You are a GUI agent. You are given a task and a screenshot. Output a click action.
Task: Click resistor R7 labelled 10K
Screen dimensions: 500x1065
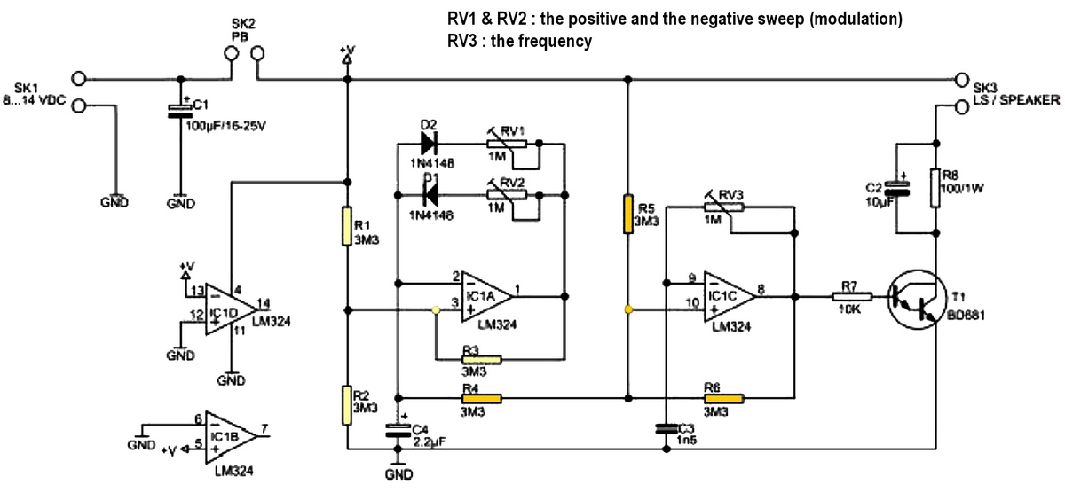(x=850, y=296)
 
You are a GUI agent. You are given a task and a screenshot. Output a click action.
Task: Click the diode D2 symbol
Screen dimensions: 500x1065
(x=430, y=144)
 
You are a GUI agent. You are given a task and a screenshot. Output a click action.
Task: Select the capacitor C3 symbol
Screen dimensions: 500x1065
(x=666, y=429)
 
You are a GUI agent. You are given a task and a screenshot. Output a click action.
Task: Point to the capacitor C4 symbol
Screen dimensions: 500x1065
(x=398, y=432)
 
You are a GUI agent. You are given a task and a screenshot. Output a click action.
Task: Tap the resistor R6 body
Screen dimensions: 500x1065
(x=724, y=398)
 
